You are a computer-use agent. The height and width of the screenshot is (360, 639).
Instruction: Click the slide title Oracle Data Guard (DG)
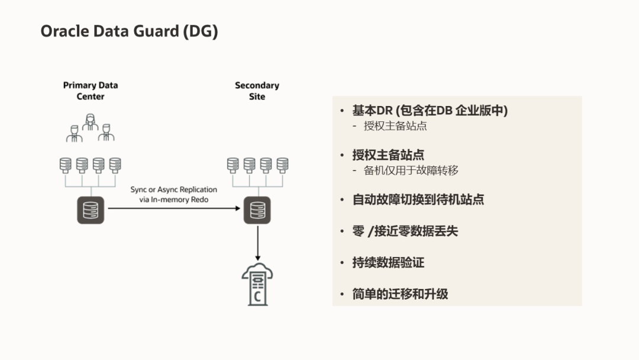point(129,31)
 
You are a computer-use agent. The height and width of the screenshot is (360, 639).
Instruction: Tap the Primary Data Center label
point(91,91)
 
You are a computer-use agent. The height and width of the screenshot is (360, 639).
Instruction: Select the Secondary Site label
point(257,91)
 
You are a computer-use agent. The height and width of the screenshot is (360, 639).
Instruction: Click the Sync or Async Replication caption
point(174,195)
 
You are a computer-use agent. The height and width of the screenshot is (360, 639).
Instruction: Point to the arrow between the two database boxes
point(174,208)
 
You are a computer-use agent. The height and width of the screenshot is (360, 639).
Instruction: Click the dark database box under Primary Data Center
point(91,210)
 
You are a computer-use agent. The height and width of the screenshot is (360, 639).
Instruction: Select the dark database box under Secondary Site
point(257,210)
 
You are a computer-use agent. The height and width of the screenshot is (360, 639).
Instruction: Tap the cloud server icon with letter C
point(257,285)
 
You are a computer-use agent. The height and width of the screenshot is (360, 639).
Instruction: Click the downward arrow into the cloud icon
point(257,243)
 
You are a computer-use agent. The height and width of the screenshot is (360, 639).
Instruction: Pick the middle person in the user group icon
point(91,121)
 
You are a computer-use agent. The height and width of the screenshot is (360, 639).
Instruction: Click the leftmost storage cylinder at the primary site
point(66,164)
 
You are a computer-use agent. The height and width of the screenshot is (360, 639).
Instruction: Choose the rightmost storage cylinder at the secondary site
point(283,164)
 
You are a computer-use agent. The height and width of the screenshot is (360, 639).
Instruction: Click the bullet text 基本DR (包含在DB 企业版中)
point(430,110)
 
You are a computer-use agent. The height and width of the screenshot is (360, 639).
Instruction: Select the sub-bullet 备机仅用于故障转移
point(411,171)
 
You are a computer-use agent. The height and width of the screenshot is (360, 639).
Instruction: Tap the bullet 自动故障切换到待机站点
point(418,200)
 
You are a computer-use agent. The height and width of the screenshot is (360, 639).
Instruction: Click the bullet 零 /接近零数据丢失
point(405,231)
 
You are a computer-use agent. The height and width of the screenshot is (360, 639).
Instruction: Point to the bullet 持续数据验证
point(388,262)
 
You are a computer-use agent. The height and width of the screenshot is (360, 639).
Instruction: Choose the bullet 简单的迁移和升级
point(400,294)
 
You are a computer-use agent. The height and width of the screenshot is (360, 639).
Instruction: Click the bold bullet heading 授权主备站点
point(388,155)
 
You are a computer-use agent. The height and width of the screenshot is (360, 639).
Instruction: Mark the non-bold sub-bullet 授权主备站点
point(395,126)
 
